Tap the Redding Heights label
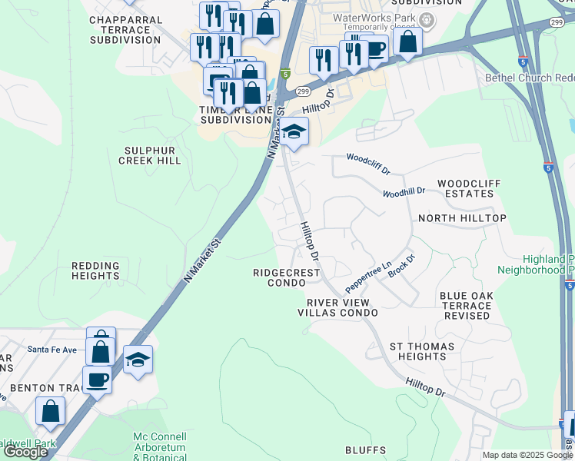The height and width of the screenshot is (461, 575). [x=95, y=270]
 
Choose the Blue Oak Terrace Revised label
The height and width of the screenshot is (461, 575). [x=465, y=306]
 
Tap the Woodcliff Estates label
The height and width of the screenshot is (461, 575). [x=465, y=188]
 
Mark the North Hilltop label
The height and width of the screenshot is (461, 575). [x=462, y=219]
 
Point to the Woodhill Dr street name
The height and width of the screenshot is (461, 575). [x=404, y=191]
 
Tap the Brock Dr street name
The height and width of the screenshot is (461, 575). [x=401, y=266]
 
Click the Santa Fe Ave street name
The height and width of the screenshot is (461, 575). [x=53, y=350]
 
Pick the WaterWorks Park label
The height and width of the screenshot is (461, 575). [x=374, y=18]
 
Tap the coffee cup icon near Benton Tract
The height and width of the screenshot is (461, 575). [x=97, y=379]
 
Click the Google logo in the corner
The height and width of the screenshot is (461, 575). [x=25, y=452]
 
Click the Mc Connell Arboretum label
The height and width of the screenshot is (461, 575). [x=161, y=442]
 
